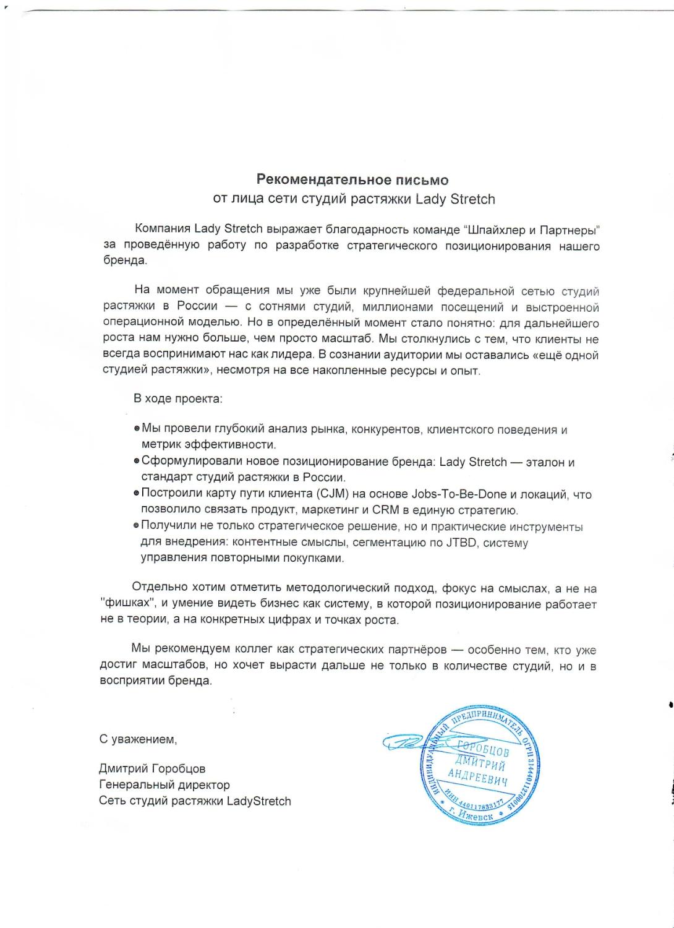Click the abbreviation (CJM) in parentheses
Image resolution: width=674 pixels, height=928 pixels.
click(335, 494)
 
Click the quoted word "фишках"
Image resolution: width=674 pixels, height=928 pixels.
click(126, 604)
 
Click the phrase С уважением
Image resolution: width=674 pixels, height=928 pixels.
click(138, 739)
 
